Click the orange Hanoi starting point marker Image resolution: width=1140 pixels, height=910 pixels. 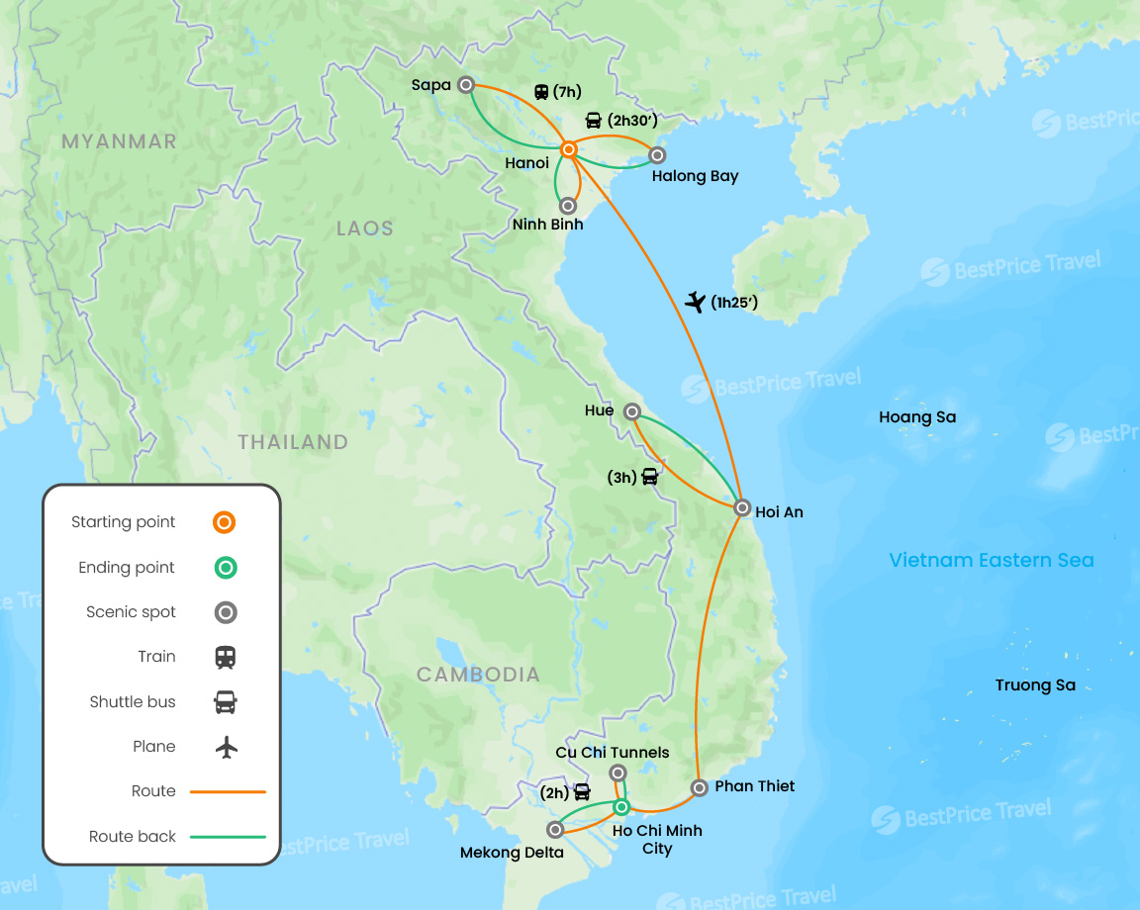coord(569,149)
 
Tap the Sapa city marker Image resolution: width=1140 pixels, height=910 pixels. coord(465,85)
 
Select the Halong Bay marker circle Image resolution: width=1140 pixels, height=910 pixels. coord(656,154)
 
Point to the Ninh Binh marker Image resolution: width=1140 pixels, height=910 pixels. coord(568,206)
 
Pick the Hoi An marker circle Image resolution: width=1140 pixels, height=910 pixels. coord(742,508)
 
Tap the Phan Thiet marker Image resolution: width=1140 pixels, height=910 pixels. coord(699,787)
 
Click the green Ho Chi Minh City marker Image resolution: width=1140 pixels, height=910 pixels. coord(620,808)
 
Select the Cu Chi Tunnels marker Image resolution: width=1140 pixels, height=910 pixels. coord(617,773)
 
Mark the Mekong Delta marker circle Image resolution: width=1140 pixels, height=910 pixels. coord(555,830)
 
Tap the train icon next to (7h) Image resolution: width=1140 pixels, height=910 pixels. coord(541,92)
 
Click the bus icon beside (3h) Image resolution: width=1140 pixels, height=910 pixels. coord(649,477)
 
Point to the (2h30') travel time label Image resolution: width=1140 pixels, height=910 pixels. coord(632,121)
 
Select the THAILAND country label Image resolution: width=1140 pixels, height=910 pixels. coord(293,442)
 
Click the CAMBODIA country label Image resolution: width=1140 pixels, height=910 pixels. coord(478,675)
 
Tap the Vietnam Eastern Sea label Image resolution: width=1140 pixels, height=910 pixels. coord(991,561)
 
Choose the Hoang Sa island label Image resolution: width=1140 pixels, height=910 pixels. coord(917,417)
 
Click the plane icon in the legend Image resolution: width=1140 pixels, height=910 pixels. coord(227,747)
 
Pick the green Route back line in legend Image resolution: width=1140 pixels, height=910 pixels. coord(228,837)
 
